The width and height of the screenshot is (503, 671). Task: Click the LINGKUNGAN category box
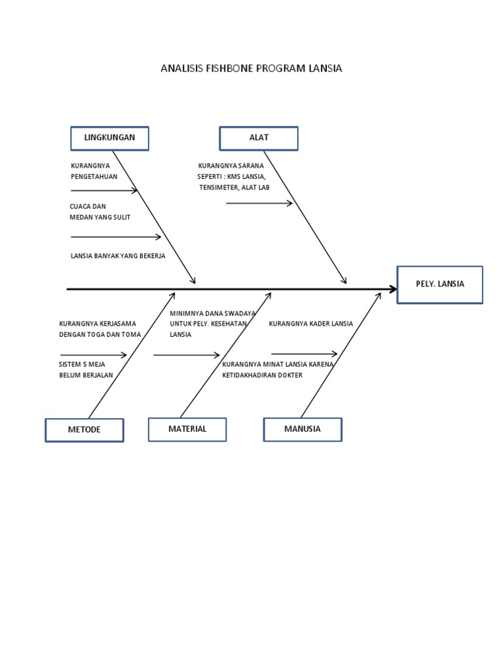109,138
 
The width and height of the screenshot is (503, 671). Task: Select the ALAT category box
259,138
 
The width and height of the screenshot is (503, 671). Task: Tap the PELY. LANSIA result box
439,284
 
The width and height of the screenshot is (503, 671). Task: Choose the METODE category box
84,430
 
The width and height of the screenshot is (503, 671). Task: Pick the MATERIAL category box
187,429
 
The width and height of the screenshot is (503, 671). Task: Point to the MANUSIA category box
303,429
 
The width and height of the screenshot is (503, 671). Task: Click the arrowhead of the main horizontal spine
393,289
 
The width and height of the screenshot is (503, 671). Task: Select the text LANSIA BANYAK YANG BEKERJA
118,256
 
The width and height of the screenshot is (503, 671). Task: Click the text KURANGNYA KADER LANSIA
310,324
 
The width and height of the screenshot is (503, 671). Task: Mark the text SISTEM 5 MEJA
82,364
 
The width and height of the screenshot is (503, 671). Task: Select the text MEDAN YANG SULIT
100,217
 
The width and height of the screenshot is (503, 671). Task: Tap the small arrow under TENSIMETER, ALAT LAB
259,204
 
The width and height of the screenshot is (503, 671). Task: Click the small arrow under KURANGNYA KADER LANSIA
304,354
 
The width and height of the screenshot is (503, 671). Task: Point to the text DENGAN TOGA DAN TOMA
100,334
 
